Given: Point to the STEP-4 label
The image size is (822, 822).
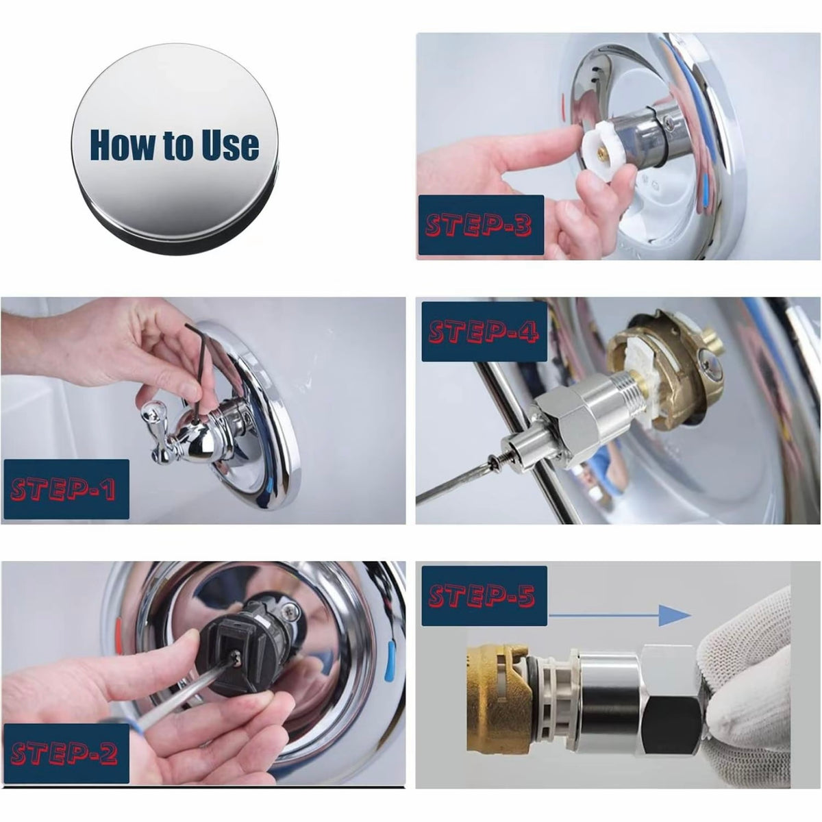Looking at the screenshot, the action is click(x=484, y=332).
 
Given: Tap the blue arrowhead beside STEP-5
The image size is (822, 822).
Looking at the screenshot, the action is click(x=675, y=615).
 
